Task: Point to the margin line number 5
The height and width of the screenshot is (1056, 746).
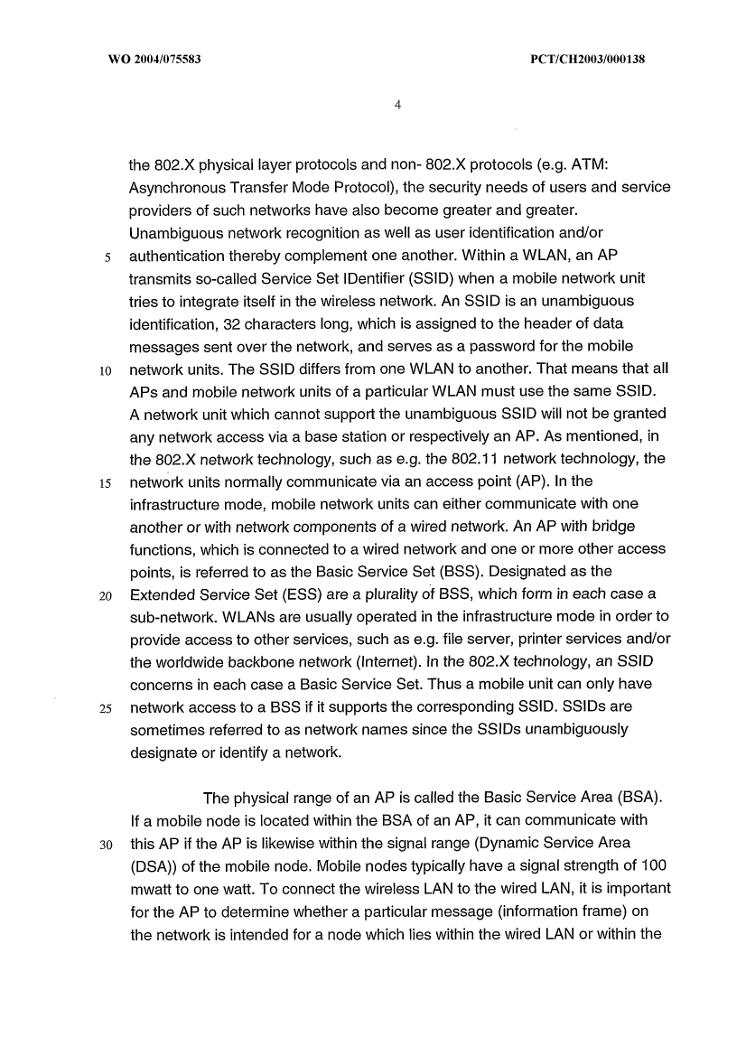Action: [107, 256]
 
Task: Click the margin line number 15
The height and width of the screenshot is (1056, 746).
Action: [105, 482]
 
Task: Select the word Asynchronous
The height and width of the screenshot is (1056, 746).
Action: [177, 188]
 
